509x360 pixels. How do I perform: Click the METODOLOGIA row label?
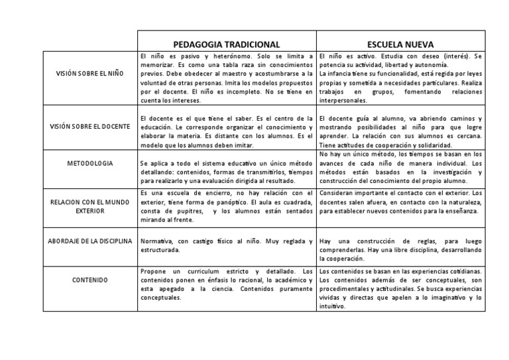coord(90,162)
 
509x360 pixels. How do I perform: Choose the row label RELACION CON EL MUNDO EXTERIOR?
coord(90,202)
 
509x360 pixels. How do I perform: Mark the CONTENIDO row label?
coord(90,280)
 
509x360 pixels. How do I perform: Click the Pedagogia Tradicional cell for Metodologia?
coord(227,171)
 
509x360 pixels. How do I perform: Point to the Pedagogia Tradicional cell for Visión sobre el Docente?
coord(227,131)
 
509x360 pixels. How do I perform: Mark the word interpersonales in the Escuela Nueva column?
coord(344,100)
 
